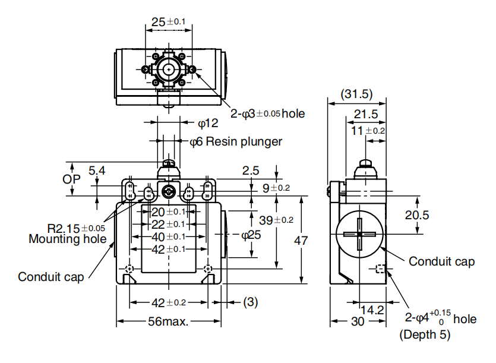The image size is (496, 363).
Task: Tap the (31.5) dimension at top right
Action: pyautogui.click(x=357, y=94)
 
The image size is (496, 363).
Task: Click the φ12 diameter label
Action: pyautogui.click(x=208, y=124)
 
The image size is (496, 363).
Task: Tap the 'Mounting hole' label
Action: pyautogui.click(x=68, y=239)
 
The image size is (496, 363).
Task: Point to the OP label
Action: pyautogui.click(x=72, y=179)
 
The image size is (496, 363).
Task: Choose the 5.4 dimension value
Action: pyautogui.click(x=97, y=171)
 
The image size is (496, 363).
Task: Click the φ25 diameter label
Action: pyautogui.click(x=251, y=235)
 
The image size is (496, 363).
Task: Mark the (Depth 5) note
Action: pyautogui.click(x=425, y=334)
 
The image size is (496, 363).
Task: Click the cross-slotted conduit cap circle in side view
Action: pyautogui.click(x=359, y=233)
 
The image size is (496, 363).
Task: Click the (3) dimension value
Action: pyautogui.click(x=251, y=302)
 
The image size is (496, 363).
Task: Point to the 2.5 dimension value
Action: pyautogui.click(x=251, y=171)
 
